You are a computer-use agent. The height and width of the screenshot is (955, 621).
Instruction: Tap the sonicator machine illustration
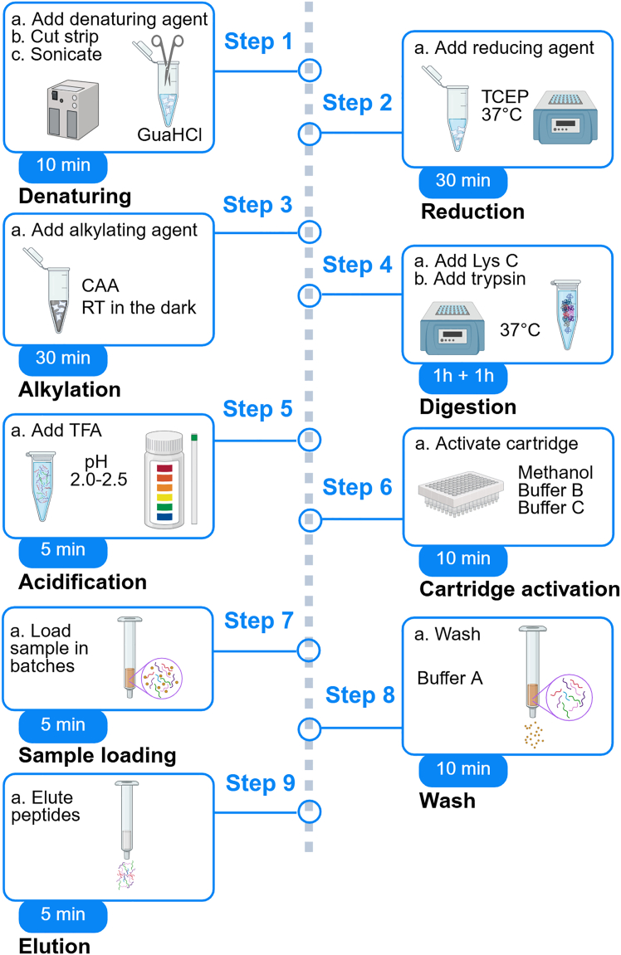73,110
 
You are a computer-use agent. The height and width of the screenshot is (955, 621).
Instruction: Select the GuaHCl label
169,134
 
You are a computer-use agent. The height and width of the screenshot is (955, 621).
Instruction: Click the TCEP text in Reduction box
505,96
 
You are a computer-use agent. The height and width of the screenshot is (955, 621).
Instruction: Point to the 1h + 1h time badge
463,376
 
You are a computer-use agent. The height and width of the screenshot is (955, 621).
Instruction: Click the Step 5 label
258,409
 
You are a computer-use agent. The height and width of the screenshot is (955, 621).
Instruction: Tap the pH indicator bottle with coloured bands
164,480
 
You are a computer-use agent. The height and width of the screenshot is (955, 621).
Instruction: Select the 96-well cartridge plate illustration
462,492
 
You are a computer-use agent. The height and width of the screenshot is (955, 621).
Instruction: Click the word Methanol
555,473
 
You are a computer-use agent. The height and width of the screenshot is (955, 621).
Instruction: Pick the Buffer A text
450,678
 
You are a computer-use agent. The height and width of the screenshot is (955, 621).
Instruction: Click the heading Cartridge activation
519,589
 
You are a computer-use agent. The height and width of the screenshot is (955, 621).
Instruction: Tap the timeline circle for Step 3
310,231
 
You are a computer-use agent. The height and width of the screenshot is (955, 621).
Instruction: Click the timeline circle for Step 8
310,728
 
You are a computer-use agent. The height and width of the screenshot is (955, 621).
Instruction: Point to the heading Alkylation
70,389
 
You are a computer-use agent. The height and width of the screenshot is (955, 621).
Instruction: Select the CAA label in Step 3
100,285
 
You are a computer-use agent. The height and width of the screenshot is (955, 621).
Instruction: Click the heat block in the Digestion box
452,328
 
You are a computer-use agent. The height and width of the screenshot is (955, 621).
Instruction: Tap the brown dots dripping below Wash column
534,734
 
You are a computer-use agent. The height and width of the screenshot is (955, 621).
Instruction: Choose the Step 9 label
260,782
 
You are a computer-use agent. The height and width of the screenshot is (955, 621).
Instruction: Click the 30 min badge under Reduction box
463,180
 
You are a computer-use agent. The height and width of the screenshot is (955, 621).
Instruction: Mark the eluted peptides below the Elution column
126,875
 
